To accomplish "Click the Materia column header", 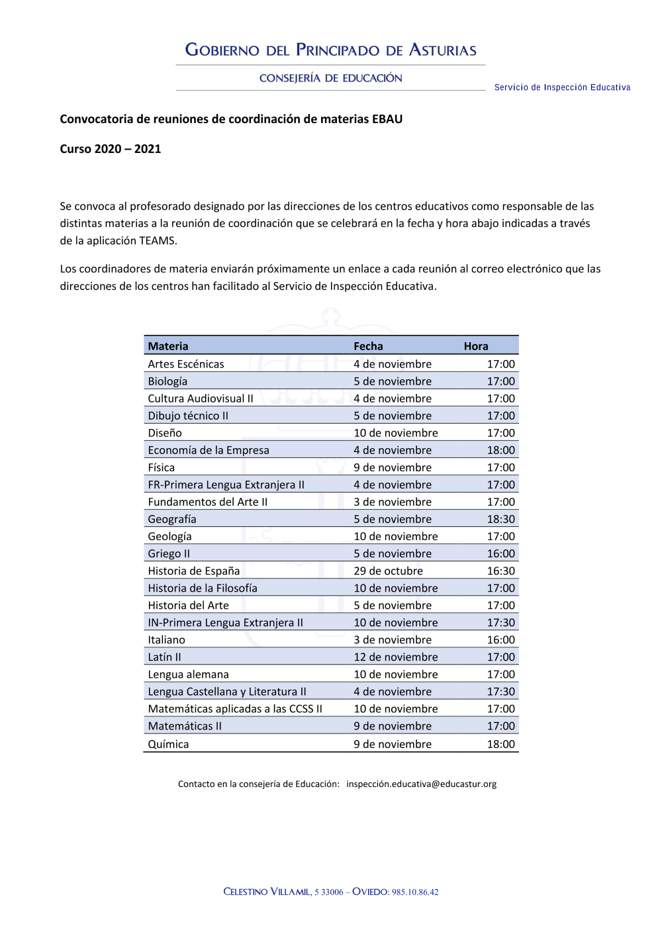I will pos(168,346).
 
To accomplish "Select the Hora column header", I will pos(475,346).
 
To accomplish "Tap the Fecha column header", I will pos(368,346).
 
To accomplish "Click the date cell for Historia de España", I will pos(388,571).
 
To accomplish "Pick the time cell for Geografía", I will pos(500,519).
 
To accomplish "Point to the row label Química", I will pos(168,744).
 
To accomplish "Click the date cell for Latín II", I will pos(395,657).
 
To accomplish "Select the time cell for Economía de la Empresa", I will pos(500,450).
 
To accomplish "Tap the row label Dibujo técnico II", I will pos(188,416).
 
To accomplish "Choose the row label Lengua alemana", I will pos(188,675).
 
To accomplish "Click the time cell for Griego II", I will pos(500,553).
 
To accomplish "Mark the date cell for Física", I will pos(392,467).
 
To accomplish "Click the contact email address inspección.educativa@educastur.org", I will pos(421,784).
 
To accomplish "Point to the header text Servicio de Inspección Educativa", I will pos(562,87).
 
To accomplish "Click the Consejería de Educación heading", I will pos(330,78).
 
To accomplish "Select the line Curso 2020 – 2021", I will pos(111,149).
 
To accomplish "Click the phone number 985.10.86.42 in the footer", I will pos(415,892).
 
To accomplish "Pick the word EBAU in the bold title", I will pos(387,119).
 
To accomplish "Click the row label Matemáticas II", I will pos(185,726).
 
